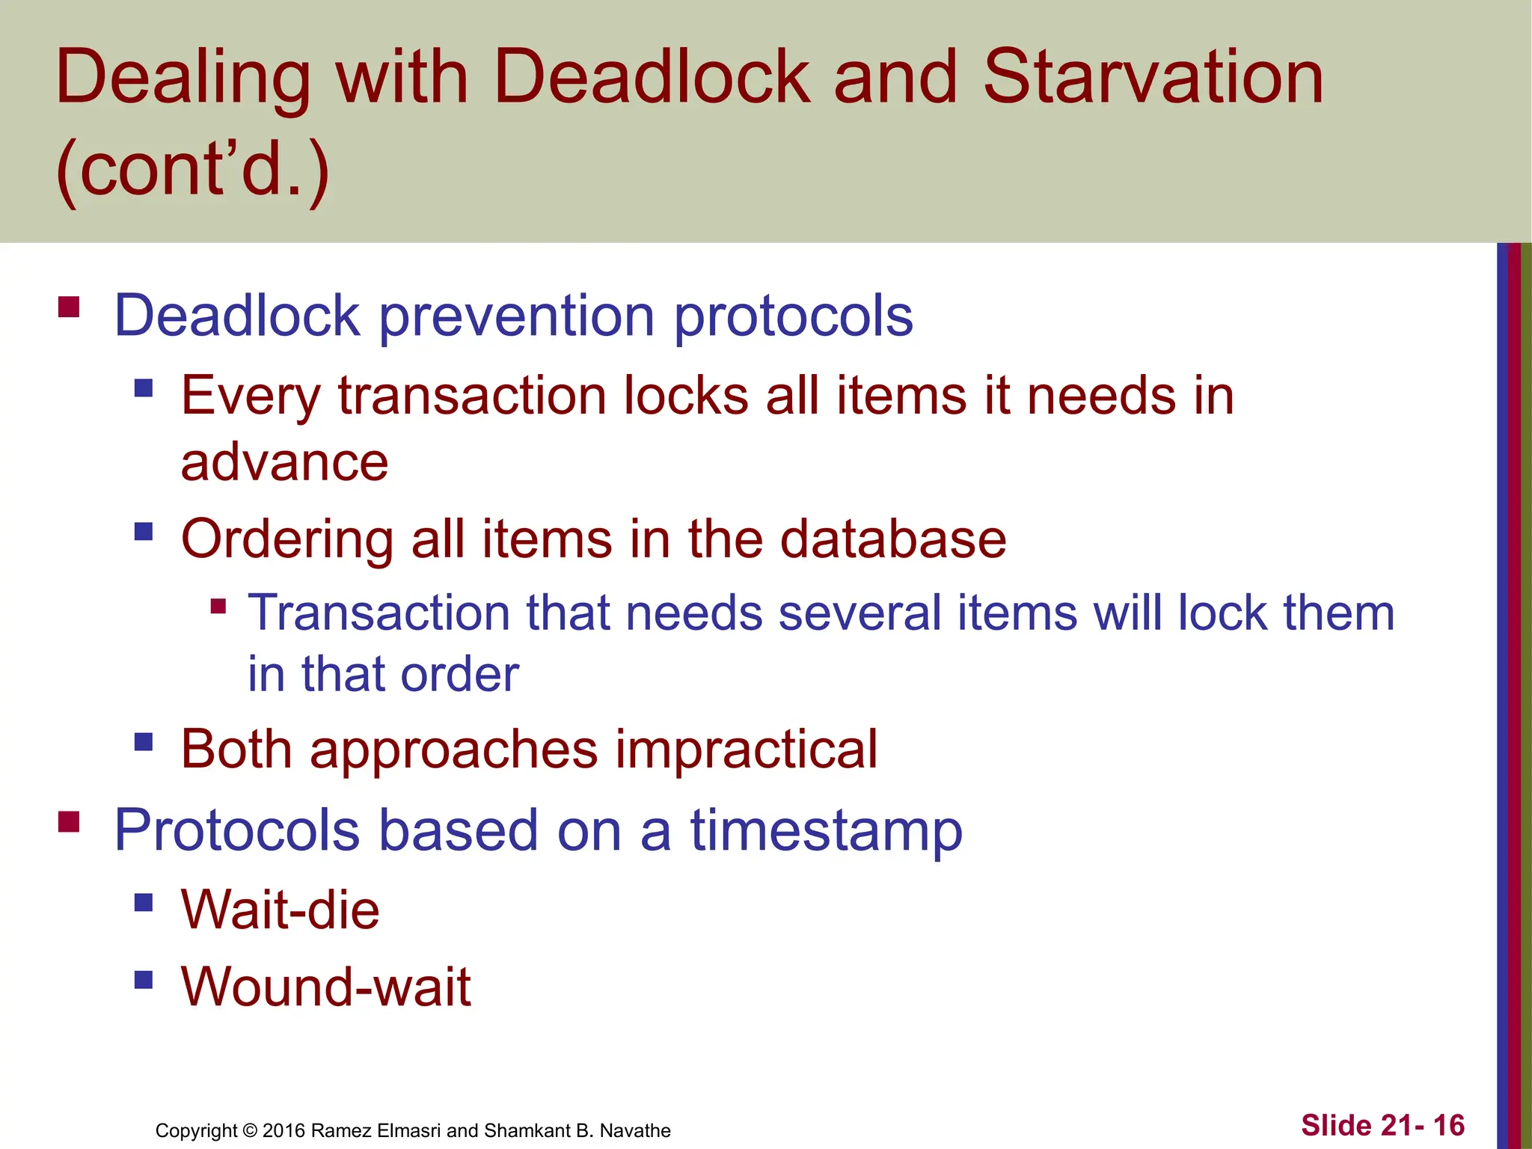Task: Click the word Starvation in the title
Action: [x=1153, y=77]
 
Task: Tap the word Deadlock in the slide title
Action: [x=651, y=77]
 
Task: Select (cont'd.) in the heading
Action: [x=192, y=170]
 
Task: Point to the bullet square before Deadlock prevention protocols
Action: [x=69, y=307]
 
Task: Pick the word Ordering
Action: [x=287, y=539]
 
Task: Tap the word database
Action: [x=893, y=539]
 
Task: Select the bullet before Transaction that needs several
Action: [x=218, y=605]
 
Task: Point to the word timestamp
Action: [x=826, y=830]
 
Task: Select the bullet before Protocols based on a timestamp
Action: [x=69, y=822]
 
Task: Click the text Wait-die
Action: [x=281, y=910]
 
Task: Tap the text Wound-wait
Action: [x=326, y=987]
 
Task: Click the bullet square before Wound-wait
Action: [x=144, y=979]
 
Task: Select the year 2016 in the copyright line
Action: [x=284, y=1130]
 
